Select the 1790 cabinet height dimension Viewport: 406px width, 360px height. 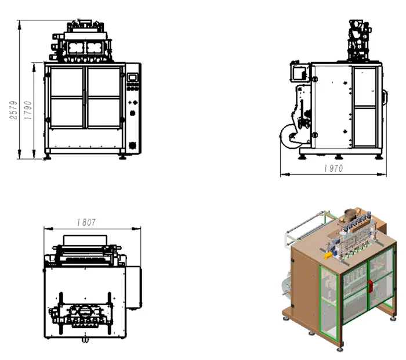[x=28, y=110]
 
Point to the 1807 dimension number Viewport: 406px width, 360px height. [x=86, y=222]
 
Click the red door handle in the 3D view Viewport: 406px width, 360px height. [x=369, y=284]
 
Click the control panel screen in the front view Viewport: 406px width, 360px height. [x=133, y=77]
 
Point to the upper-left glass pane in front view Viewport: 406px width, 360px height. [x=67, y=82]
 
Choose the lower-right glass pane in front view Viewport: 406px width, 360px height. [x=104, y=113]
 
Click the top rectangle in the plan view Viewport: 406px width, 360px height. [x=85, y=240]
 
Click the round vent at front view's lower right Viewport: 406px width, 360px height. [x=132, y=145]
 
